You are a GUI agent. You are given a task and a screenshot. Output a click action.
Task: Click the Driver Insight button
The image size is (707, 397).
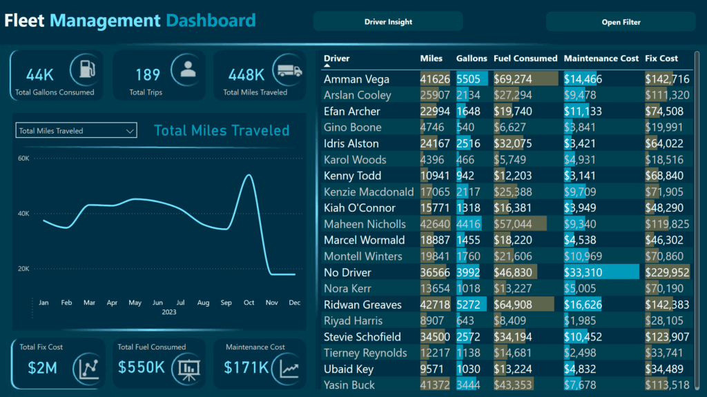pos(388,21)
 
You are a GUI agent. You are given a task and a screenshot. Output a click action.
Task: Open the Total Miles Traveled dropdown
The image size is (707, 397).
pos(77,131)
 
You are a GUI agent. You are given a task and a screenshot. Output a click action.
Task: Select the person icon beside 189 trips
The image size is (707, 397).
pos(187,69)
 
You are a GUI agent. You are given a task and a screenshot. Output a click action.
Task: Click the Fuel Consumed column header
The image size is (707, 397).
pos(525,59)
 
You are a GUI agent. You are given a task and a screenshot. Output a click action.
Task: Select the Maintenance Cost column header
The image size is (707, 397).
pos(601,59)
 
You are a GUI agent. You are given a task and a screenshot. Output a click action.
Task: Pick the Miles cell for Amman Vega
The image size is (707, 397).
pos(435,79)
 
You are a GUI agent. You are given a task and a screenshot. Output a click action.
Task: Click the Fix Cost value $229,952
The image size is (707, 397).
pos(667,272)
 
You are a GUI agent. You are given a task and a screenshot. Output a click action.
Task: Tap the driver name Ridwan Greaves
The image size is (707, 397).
pos(362,305)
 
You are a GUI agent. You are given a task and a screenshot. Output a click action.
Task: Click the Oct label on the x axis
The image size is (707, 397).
pos(249,303)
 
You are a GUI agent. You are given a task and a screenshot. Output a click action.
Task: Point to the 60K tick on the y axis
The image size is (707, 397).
pos(23,159)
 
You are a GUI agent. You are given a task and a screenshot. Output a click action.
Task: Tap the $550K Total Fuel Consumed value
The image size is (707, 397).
pos(142,368)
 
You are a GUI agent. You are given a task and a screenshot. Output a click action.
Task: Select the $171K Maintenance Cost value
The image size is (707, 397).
pos(246,368)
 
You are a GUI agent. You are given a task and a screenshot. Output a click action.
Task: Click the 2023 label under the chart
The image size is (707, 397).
pos(169,312)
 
